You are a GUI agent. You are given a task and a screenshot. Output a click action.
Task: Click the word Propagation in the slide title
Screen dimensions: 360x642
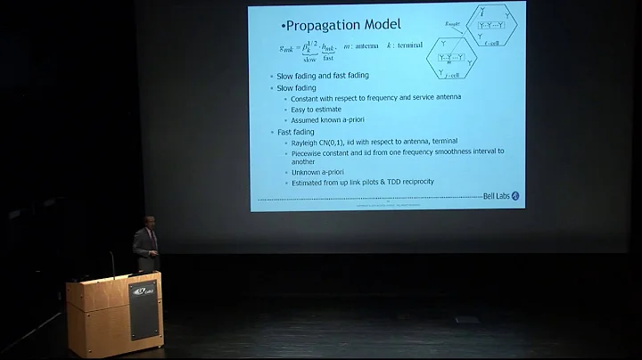point(331,23)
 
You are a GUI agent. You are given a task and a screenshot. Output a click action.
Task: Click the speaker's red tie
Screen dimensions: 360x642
point(152,241)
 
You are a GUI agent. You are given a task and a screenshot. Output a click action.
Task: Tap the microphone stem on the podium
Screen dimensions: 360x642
point(112,265)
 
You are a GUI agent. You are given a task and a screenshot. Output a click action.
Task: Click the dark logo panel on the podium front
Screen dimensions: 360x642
point(143,308)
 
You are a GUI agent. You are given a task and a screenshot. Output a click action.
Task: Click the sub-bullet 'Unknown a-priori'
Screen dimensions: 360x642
point(317,172)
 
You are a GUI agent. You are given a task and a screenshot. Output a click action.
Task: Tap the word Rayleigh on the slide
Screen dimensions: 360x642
point(304,142)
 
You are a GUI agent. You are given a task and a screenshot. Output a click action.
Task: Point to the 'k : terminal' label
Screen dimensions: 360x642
point(403,45)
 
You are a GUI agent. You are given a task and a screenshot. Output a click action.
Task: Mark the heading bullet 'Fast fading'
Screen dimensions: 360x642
point(296,131)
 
